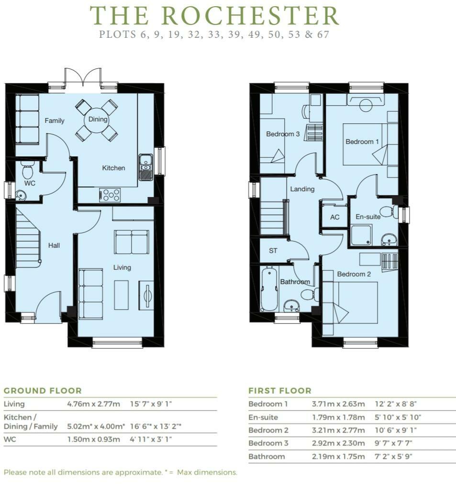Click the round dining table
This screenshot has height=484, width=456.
(96, 120)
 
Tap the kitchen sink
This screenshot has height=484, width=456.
(145, 167)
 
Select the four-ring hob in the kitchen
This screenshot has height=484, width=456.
(110, 195)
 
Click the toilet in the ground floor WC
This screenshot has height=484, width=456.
(27, 169)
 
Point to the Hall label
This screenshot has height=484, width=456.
(54, 245)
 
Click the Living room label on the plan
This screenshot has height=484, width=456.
(122, 267)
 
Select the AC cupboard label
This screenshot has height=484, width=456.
(334, 217)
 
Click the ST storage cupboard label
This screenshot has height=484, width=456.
(273, 251)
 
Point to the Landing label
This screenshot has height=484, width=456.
(302, 189)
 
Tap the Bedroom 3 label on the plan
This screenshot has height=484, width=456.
(283, 134)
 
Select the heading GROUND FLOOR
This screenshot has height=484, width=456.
(43, 391)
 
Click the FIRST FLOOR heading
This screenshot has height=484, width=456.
(280, 391)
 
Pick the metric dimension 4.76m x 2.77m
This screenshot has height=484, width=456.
(93, 404)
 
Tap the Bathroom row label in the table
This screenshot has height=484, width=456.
(267, 456)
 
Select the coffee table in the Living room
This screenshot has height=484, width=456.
(122, 294)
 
